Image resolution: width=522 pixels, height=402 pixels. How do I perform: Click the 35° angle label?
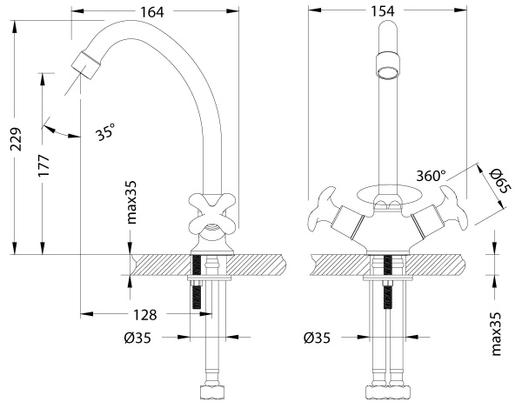pos(105,133)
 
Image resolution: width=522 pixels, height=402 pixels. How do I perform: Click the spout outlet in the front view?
pos(388,65)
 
